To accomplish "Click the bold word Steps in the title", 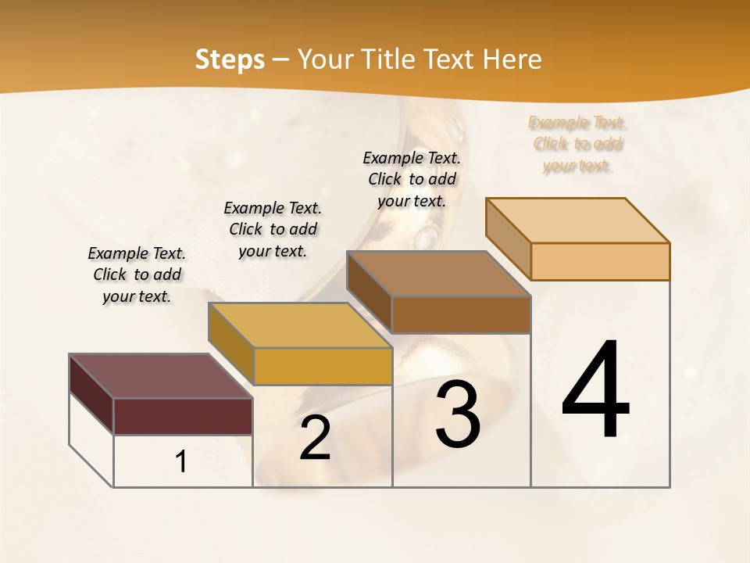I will tap(230, 59).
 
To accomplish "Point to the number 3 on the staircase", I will tap(458, 414).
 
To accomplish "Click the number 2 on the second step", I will tap(315, 439).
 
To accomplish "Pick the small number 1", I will tap(181, 462).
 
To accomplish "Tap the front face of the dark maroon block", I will tap(183, 416).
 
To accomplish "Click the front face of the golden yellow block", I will tap(323, 366).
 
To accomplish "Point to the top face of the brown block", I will tap(438, 274).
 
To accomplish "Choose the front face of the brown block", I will tap(461, 314).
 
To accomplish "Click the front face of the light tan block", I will tap(600, 261).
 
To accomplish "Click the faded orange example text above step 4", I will tap(577, 144).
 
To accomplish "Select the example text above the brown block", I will tap(412, 179).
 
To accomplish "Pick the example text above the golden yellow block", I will tap(273, 229).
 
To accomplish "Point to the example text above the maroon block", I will tap(137, 274).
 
